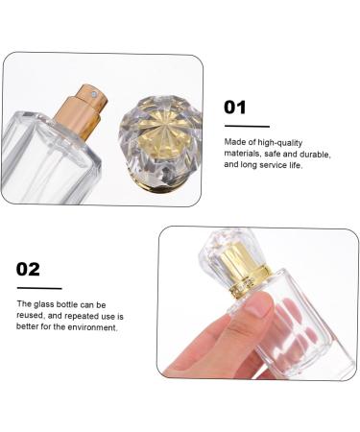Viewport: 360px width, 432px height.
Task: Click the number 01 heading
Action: tap(235, 108)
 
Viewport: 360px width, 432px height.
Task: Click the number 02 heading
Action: tap(29, 269)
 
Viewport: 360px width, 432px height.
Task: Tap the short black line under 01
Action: tap(246, 126)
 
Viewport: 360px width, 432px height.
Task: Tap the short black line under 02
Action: tap(38, 287)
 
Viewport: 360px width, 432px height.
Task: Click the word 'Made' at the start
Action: tap(235, 140)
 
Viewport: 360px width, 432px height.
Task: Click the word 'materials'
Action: tap(245, 153)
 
